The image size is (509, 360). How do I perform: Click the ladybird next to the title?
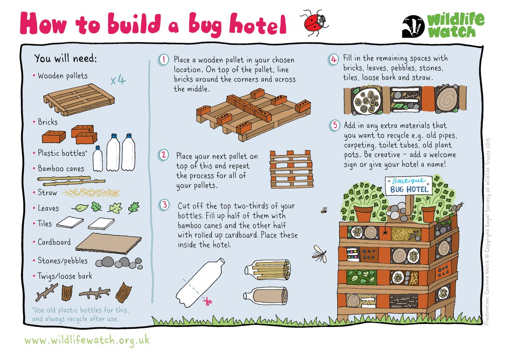pos(314,22)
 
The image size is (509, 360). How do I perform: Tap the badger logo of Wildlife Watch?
pos(412,27)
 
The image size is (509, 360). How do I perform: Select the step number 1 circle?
pos(164,60)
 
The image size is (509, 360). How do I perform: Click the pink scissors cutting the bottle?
pos(207,302)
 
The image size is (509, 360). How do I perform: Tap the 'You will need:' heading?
pos(65,58)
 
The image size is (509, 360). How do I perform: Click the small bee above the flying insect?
pos(324,210)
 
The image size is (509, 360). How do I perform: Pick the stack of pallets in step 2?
pos(291,169)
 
